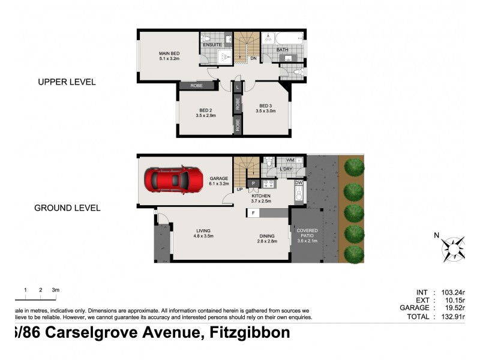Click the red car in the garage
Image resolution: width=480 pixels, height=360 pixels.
click(173, 179)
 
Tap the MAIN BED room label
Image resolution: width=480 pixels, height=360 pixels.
click(169, 53)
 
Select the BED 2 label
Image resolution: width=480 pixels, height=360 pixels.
click(205, 110)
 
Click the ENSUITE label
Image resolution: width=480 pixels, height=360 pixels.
click(212, 45)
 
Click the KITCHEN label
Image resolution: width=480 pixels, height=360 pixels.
click(261, 196)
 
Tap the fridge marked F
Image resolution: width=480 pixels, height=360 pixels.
click(254, 212)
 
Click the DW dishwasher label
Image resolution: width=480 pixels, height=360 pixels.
click(298, 182)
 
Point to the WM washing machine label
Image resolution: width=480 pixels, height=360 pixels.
click(290, 160)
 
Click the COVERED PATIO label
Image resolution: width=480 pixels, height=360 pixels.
click(307, 231)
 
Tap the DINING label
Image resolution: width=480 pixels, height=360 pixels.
click(268, 236)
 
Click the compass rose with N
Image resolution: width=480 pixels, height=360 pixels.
click(454, 247)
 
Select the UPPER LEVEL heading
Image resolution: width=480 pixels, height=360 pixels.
click(67, 82)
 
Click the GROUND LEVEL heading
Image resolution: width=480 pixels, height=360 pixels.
click(67, 208)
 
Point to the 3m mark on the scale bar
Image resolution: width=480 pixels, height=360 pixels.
click(55, 290)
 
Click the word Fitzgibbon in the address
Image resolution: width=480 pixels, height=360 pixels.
click(248, 333)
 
